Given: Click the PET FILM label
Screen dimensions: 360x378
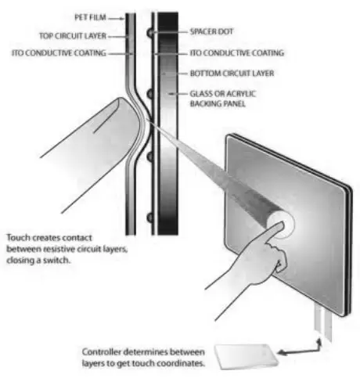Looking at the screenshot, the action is pyautogui.click(x=90, y=17).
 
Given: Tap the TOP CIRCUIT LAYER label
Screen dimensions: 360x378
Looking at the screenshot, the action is pyautogui.click(x=73, y=36).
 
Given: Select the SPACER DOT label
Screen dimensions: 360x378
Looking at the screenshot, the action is pyautogui.click(x=211, y=31).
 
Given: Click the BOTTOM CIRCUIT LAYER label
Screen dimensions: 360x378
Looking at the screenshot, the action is pyautogui.click(x=232, y=74).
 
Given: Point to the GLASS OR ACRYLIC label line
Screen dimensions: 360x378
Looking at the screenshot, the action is pyautogui.click(x=223, y=94).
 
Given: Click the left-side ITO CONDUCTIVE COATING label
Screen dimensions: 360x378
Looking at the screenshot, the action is pyautogui.click(x=59, y=53).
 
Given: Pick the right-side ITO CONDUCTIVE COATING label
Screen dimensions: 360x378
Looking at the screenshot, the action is pyautogui.click(x=237, y=53).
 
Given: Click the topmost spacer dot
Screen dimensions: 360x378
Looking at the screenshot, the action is pyautogui.click(x=150, y=33).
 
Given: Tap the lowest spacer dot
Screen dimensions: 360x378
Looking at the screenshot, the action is pyautogui.click(x=150, y=218).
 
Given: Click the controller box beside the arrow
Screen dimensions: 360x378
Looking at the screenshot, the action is pyautogui.click(x=247, y=356).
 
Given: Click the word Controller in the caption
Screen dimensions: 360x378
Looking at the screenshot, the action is pyautogui.click(x=102, y=352).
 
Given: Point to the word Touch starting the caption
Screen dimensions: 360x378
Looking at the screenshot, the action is pyautogui.click(x=16, y=238).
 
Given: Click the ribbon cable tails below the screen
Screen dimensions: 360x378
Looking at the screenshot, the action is pyautogui.click(x=323, y=322).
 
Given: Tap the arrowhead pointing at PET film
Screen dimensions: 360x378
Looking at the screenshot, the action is pyautogui.click(x=122, y=19).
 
